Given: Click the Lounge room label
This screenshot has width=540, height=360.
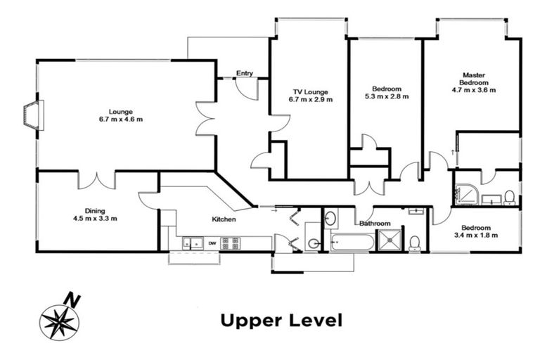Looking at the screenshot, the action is point(120,112).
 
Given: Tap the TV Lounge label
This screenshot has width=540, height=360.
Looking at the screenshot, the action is point(310,92).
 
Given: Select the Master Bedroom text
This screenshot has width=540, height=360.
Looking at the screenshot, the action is point(474,79).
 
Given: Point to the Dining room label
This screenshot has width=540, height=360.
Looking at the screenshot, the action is point(95,211).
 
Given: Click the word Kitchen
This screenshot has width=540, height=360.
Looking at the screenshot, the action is point(224,219).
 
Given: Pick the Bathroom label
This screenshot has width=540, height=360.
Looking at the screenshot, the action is point(375,223).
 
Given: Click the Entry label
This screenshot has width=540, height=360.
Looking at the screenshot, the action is point(245,73).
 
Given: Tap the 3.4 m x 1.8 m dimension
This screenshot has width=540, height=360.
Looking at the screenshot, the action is point(476,236).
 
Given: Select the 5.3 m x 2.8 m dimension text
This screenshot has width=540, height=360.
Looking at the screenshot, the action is point(387,96).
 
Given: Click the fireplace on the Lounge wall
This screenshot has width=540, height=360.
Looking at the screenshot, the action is point(34,115).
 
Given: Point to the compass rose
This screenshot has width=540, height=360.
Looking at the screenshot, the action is point(59,323).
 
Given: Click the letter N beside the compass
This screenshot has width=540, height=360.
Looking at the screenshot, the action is point(72,300).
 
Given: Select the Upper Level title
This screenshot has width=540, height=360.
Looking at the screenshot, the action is point(281,321).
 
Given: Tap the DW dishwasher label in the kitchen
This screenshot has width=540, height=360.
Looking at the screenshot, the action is point(212,243).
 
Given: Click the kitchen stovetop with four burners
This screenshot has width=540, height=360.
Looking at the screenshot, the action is point(231,243).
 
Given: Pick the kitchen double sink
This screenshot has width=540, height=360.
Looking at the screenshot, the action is point(193,243).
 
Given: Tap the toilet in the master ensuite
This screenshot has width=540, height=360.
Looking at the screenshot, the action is point(510,198).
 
